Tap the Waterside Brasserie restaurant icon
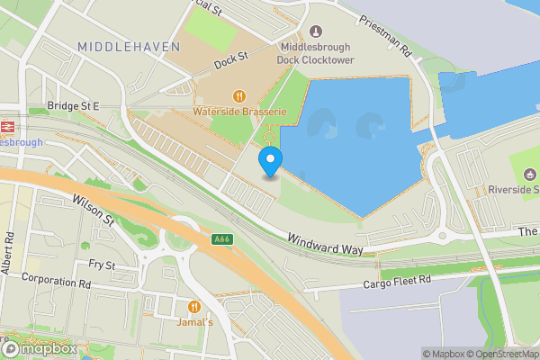click(239, 96)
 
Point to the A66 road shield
click(221, 239)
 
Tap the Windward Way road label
click(323, 242)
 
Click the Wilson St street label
click(94, 211)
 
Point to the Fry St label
click(102, 265)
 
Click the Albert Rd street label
click(9, 254)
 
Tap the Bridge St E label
click(74, 106)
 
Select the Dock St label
click(231, 63)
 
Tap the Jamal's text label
click(194, 321)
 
